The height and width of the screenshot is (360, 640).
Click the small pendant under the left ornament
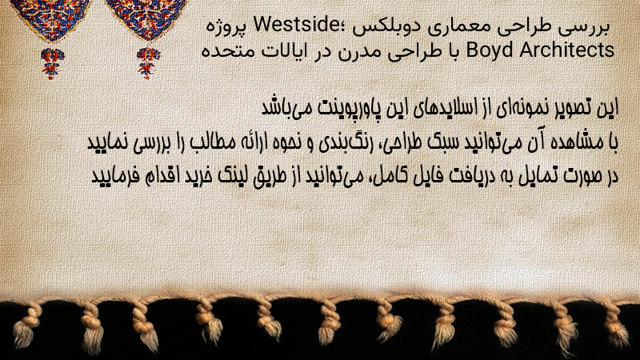(52, 62)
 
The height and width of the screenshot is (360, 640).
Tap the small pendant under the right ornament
(148, 62)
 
